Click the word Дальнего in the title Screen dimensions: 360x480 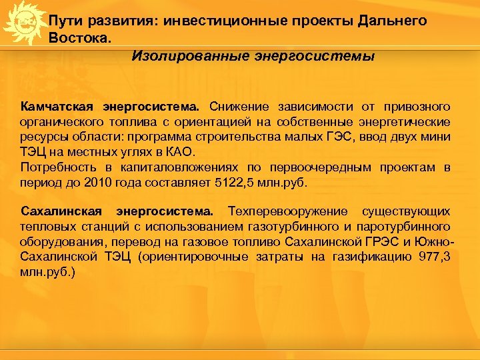(x=392, y=21)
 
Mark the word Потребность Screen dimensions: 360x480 (x=59, y=167)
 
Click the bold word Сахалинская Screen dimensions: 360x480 (x=61, y=212)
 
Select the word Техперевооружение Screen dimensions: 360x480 (x=287, y=212)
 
